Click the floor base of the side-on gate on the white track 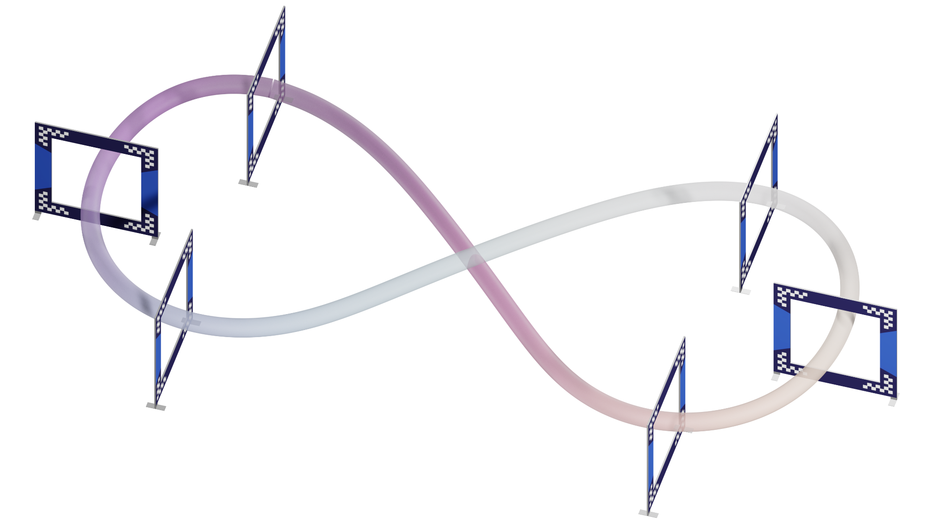click(x=740, y=290)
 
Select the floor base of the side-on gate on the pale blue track click(x=156, y=406)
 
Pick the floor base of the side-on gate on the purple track click(x=248, y=183)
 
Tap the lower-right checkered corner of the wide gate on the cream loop click(x=885, y=383)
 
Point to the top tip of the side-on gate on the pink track click(x=683, y=338)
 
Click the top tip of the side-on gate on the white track click(x=776, y=114)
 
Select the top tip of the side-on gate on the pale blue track click(x=191, y=230)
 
